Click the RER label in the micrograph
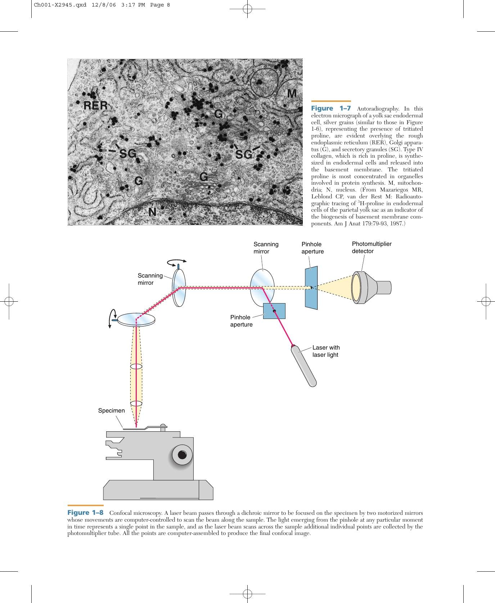[x=95, y=105]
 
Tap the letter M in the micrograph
[x=292, y=94]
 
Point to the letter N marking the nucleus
[x=152, y=212]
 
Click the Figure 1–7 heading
[x=331, y=108]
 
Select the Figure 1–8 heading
[x=85, y=512]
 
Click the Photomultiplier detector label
[x=372, y=247]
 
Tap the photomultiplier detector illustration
[x=371, y=287]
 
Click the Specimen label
[x=112, y=410]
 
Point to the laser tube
[x=304, y=366]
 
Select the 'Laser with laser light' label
[x=326, y=351]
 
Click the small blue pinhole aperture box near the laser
[x=274, y=311]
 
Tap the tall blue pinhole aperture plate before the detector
[x=311, y=288]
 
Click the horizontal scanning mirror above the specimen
[x=137, y=320]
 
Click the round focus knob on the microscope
[x=182, y=454]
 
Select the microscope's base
[x=158, y=490]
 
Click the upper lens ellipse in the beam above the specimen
[x=136, y=367]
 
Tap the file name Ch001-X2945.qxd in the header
[x=60, y=5]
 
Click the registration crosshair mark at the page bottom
[x=247, y=594]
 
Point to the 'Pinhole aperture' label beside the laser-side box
[x=241, y=321]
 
